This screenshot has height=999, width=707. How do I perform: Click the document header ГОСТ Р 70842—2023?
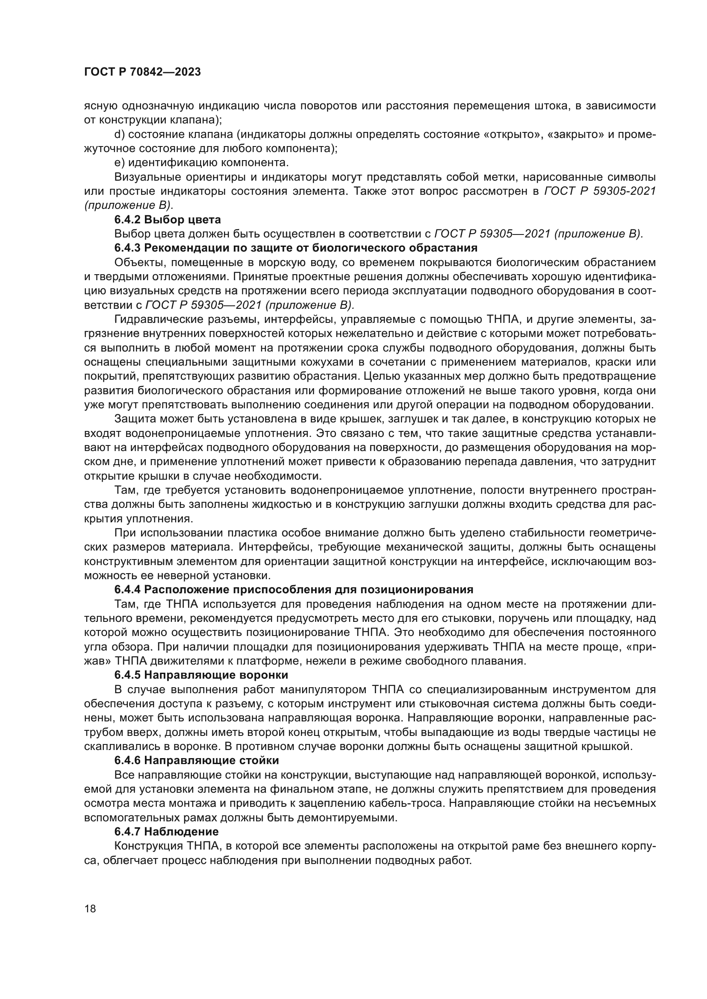[142, 72]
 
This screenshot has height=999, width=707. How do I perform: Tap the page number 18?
[90, 908]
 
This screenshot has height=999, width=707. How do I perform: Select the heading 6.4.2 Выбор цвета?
[168, 219]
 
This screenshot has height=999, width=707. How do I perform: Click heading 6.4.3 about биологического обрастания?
[296, 248]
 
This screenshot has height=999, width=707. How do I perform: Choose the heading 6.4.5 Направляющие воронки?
[201, 675]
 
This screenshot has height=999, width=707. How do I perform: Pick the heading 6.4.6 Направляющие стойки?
[196, 760]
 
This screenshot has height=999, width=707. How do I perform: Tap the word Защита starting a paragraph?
[135, 419]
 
